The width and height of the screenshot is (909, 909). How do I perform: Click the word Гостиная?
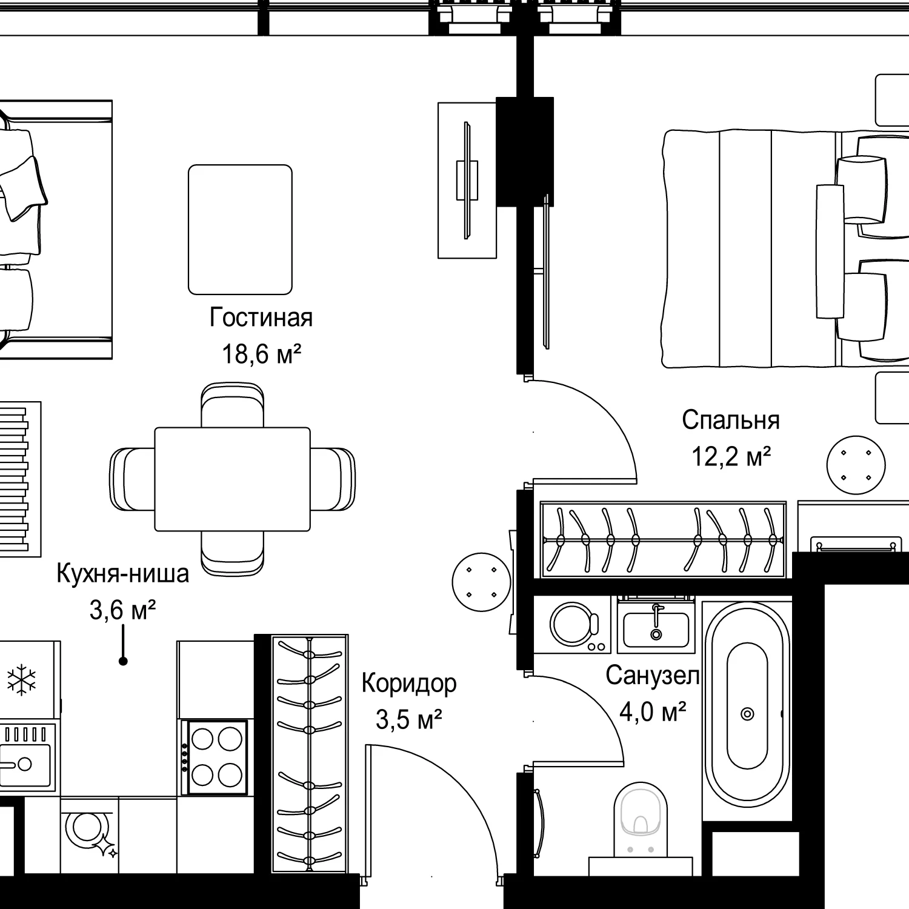coord(261,318)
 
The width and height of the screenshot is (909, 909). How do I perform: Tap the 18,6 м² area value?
coord(261,354)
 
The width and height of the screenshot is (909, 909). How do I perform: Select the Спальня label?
coord(731,420)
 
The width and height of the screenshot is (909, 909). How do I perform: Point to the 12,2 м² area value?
coord(731,456)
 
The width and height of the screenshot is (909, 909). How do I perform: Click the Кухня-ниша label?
coord(122,573)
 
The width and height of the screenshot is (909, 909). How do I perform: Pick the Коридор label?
coord(409,684)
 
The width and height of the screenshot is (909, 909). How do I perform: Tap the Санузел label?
coord(652,675)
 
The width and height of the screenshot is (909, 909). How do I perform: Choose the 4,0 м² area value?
coord(652,711)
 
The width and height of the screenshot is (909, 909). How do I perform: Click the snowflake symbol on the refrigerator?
coord(21,679)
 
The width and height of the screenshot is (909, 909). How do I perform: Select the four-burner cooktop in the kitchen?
coord(217,757)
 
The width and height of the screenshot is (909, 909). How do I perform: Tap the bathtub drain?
coord(747,714)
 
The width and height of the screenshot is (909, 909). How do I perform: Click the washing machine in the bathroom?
coord(572,624)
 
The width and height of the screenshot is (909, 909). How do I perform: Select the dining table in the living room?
coord(232,479)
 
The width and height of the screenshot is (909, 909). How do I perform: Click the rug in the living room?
coord(240,230)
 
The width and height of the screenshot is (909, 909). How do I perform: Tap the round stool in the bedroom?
coord(856,465)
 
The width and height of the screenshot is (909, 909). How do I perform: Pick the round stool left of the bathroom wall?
coord(482,582)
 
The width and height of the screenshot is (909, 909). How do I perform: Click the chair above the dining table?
coord(232,405)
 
